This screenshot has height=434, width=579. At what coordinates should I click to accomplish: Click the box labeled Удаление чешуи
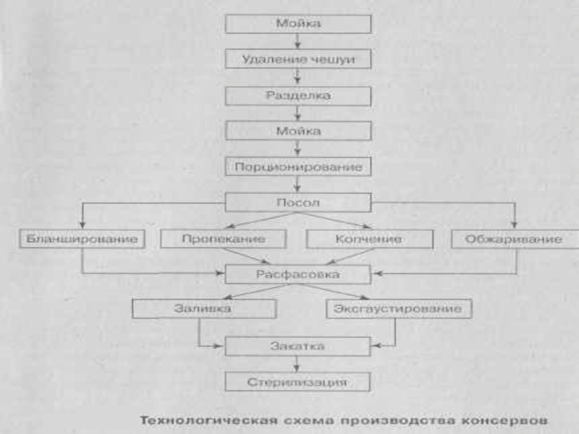pyautogui.click(x=298, y=59)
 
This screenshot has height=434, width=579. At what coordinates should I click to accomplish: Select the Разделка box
pyautogui.click(x=298, y=96)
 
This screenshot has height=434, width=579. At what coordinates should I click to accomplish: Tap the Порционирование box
pyautogui.click(x=298, y=167)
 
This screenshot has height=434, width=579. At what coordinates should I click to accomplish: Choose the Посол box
pyautogui.click(x=298, y=203)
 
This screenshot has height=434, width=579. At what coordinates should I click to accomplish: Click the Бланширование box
pyautogui.click(x=82, y=239)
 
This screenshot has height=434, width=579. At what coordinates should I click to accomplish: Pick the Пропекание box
pyautogui.click(x=224, y=239)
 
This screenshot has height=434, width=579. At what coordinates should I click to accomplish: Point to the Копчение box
pyautogui.click(x=370, y=239)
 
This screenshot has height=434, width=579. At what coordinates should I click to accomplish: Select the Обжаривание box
pyautogui.click(x=515, y=239)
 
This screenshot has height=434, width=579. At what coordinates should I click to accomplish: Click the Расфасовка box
pyautogui.click(x=297, y=274)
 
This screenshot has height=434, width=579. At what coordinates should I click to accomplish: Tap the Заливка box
pyautogui.click(x=204, y=309)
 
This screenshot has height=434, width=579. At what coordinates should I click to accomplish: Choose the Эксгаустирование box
pyautogui.click(x=399, y=309)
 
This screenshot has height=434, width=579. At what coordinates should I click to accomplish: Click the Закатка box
pyautogui.click(x=297, y=346)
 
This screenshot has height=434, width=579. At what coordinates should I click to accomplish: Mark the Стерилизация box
pyautogui.click(x=297, y=382)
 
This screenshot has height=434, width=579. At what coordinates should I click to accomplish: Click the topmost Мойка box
pyautogui.click(x=298, y=24)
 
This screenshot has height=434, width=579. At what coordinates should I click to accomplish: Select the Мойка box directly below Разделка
pyautogui.click(x=298, y=131)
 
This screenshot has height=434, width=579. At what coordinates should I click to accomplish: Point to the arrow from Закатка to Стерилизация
pyautogui.click(x=297, y=365)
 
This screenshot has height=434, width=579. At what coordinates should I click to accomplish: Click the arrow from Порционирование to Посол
pyautogui.click(x=297, y=184)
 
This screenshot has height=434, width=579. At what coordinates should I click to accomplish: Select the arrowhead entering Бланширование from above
pyautogui.click(x=83, y=225)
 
